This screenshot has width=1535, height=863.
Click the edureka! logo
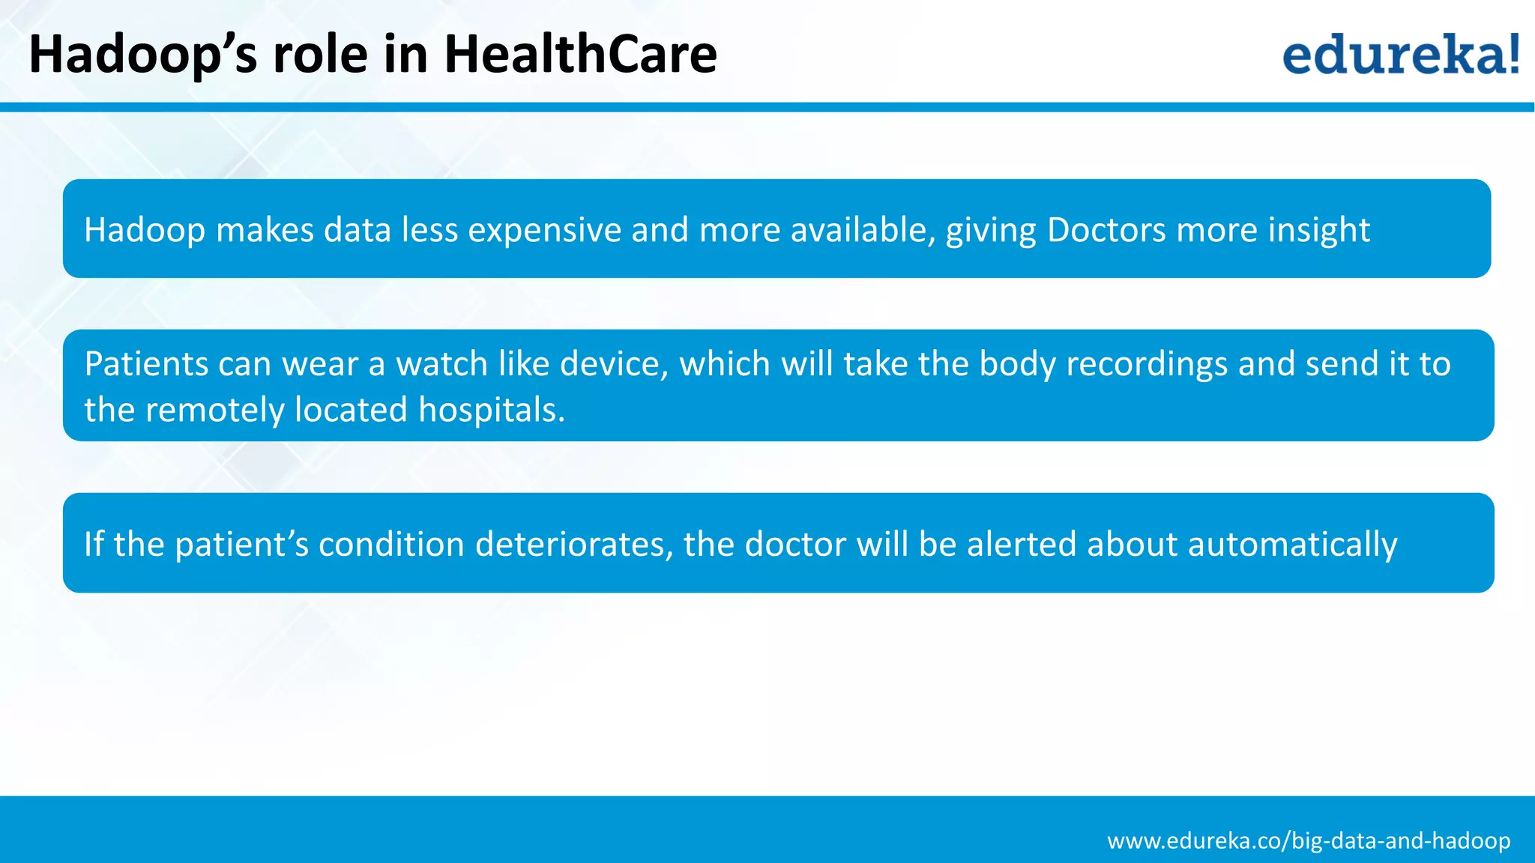coord(1400,54)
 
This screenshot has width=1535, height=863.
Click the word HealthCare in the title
coord(580,54)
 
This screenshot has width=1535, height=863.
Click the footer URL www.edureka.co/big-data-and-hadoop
coord(1309,841)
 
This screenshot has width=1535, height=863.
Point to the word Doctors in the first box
coord(1106,230)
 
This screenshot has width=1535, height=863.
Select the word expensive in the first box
coord(544,230)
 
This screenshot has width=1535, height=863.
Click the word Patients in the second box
coord(146,364)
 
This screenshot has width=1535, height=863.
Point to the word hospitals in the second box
coord(491,410)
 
